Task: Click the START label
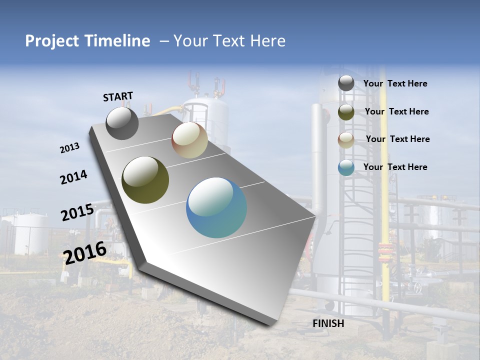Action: pos(118,96)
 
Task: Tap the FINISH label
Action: pos(328,323)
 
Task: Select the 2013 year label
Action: pos(70,148)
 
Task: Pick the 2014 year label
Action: pos(73,177)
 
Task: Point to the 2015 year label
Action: pos(77,212)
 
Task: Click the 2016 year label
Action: pos(85,252)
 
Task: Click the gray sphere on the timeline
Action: pos(122,123)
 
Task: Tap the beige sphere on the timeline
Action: pos(189,140)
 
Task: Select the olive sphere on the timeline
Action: pos(145,180)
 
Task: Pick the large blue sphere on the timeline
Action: pos(216,207)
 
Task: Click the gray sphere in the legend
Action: pos(346,83)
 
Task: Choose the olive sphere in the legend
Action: pos(346,111)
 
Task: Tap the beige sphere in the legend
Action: pos(346,140)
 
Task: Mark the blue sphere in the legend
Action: pos(346,168)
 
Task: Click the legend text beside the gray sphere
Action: pos(395,83)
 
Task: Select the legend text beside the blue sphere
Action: pos(395,167)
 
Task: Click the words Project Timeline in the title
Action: pos(87,41)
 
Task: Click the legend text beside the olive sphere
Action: pos(396,111)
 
